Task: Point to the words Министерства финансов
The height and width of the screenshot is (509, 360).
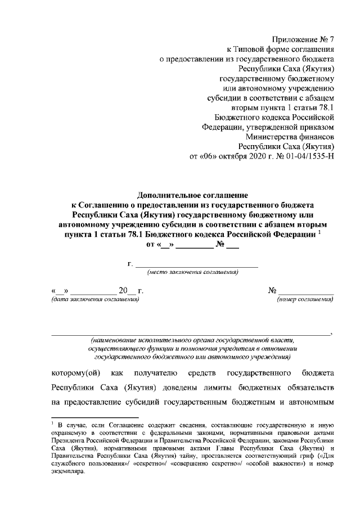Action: [x=290, y=136]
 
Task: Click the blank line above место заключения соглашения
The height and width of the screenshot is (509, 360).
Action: [x=197, y=264]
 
